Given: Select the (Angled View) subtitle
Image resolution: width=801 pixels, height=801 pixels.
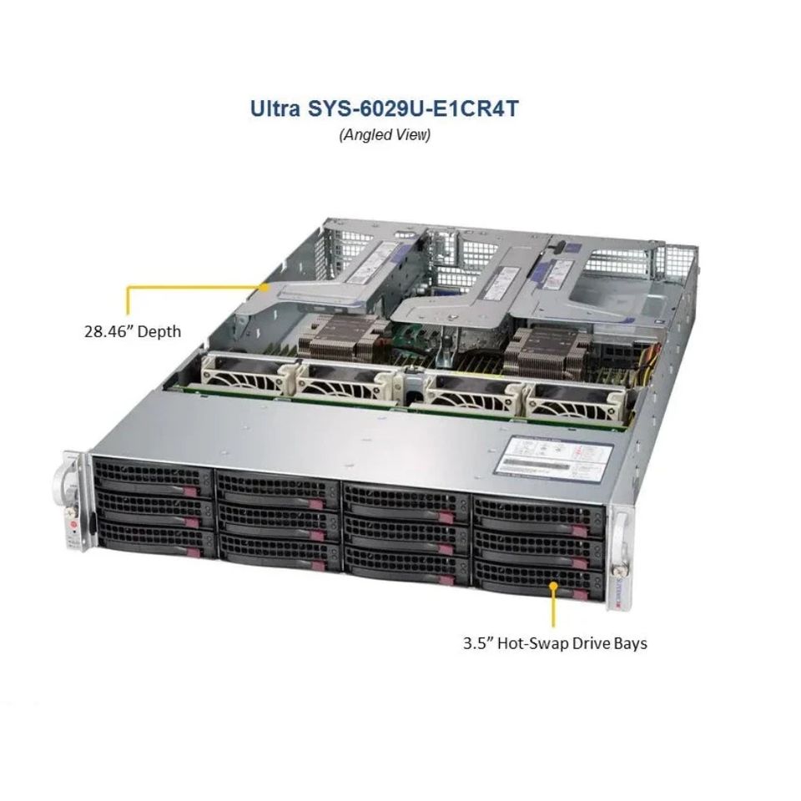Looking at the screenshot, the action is click(x=385, y=135).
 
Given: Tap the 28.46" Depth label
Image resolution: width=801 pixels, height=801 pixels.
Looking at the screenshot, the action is click(x=132, y=331).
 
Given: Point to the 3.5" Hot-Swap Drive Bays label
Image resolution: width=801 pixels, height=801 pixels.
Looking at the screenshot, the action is click(x=555, y=643).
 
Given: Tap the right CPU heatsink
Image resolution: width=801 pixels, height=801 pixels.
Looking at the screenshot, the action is click(x=540, y=351).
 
